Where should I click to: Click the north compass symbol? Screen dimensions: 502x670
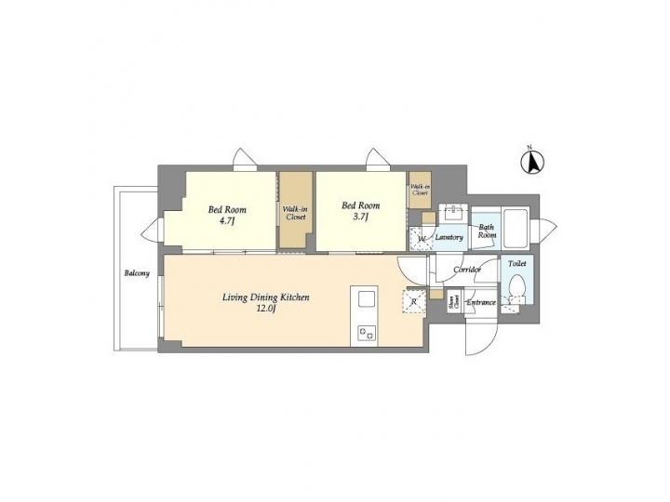click(x=531, y=162)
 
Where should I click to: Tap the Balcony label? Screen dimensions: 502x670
click(x=136, y=274)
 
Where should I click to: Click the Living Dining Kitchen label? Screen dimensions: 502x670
click(x=265, y=297)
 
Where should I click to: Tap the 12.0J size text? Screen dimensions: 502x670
click(x=265, y=310)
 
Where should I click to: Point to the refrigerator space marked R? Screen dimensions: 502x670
click(x=412, y=300)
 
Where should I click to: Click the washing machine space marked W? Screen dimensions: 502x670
click(x=421, y=240)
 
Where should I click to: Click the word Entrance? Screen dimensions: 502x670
click(x=480, y=302)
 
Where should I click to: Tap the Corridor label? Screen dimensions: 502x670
click(x=466, y=270)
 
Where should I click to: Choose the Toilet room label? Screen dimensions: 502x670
click(x=517, y=264)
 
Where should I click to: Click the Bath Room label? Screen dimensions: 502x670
click(x=487, y=231)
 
